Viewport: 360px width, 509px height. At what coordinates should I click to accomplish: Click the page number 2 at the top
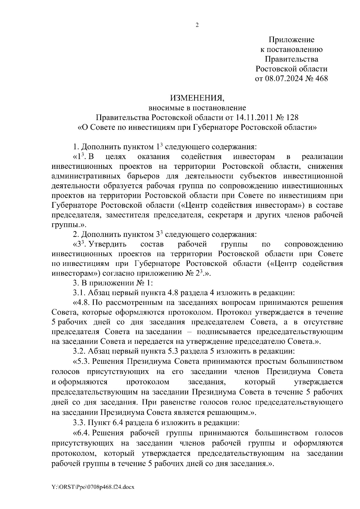pyautogui.click(x=197, y=25)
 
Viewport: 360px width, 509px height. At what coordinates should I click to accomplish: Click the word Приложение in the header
pyautogui.click(x=291, y=40)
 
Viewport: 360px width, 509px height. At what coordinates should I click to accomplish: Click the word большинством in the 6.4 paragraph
pyautogui.click(x=281, y=433)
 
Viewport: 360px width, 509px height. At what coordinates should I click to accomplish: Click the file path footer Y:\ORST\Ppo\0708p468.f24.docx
pyautogui.click(x=93, y=487)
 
